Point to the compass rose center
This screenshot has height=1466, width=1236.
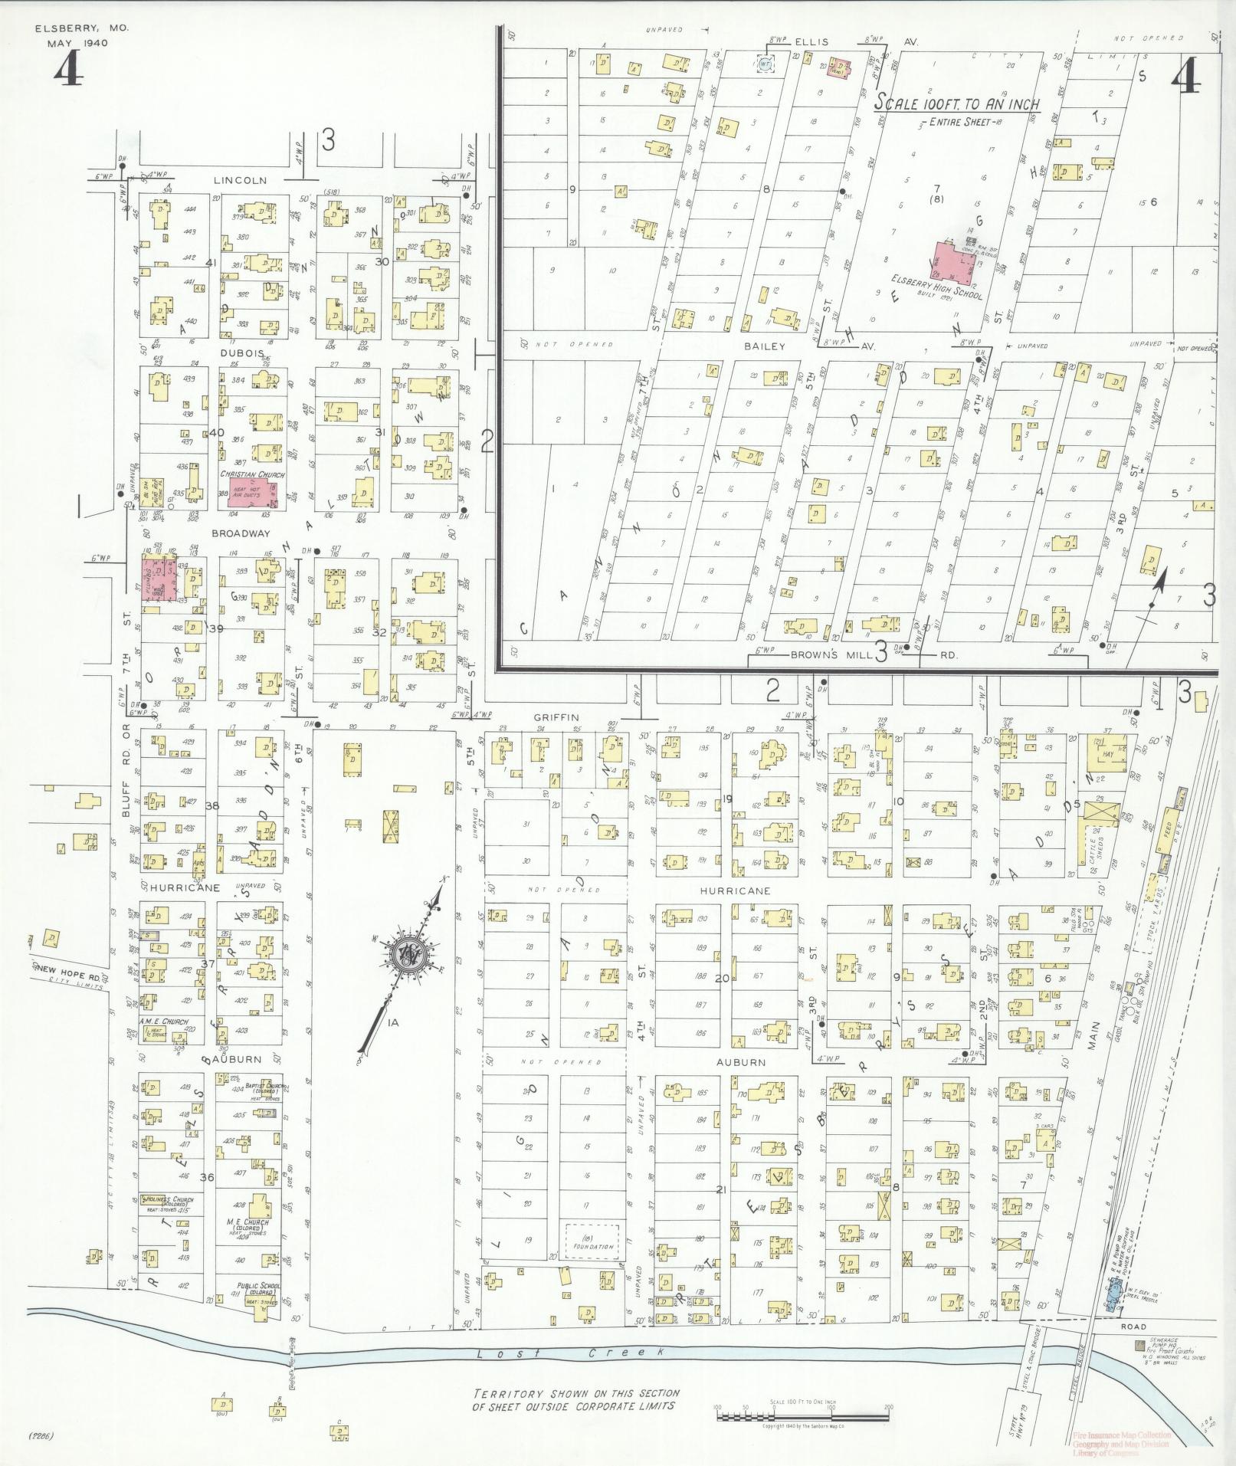[405, 954]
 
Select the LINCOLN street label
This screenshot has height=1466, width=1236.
[240, 181]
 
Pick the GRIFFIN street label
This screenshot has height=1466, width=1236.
[556, 718]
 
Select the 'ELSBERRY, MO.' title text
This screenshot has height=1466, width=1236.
[82, 28]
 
